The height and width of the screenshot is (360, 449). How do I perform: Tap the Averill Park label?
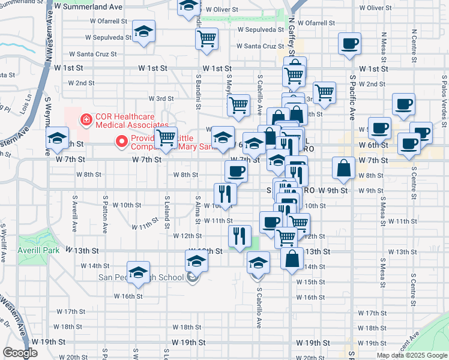click(x=39, y=250)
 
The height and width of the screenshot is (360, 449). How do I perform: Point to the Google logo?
click(x=20, y=353)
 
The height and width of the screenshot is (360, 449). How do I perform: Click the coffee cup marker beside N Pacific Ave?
click(x=349, y=43)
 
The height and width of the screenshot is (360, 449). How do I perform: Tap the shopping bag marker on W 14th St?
click(x=292, y=259)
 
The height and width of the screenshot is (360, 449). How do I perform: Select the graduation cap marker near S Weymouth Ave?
click(x=57, y=139)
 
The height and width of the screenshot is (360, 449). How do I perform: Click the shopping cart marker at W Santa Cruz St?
click(x=207, y=38)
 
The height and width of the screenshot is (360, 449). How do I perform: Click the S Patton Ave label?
click(x=105, y=213)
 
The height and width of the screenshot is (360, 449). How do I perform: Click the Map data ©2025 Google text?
click(x=411, y=355)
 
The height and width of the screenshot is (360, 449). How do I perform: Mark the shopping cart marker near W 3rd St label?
click(x=238, y=104)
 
